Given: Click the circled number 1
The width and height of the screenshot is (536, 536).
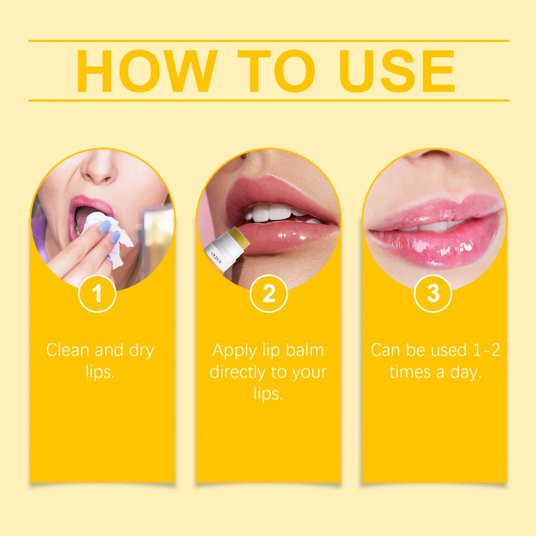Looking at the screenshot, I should point(97,294).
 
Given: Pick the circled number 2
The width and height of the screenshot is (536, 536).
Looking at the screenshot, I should point(269,294).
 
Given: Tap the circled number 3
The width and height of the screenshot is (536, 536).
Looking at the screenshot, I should point(433,294).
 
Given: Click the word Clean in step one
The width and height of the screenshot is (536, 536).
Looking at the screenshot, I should point(68,350).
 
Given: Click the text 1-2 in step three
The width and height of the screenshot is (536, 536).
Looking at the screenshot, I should point(486,350).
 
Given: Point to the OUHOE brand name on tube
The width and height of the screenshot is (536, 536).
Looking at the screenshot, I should point(217,258).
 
